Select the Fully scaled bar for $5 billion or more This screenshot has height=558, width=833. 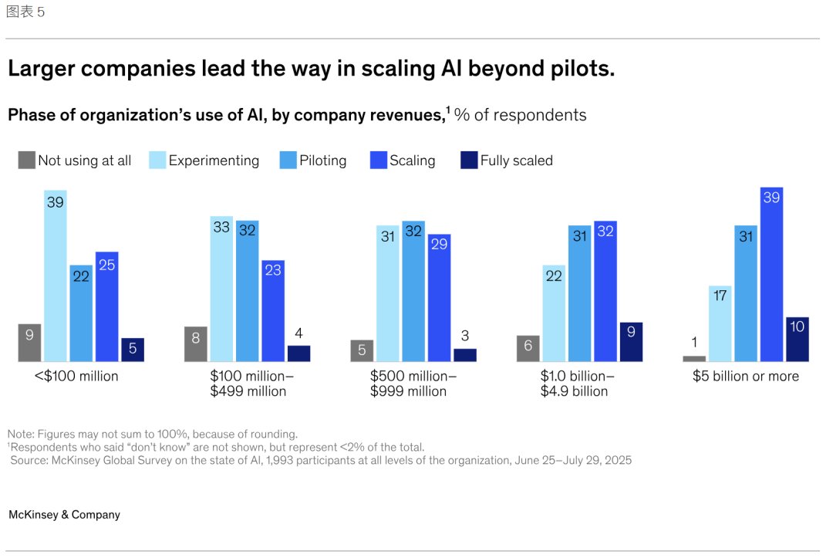798,339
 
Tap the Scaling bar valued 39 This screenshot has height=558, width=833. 771,274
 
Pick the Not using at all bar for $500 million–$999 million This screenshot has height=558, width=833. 362,350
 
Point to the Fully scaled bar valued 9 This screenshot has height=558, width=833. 631,342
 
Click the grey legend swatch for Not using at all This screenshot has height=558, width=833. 27,161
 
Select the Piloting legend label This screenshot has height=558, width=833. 322,161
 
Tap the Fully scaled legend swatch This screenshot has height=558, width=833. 469,161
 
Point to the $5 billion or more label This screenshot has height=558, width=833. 745,376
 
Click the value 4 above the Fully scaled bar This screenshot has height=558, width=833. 298,334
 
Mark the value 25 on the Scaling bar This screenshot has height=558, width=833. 107,265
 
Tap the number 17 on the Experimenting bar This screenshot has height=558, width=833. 720,294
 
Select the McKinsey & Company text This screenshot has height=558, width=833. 64,515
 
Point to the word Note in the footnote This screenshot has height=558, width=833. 20,434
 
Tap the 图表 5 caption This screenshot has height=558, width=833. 25,12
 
